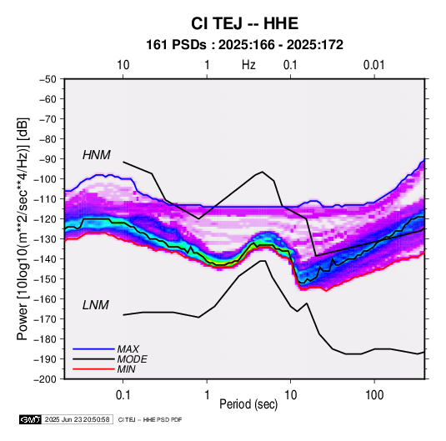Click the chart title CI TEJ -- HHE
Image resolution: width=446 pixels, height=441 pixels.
(244, 23)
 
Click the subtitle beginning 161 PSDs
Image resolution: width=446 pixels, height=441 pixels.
(244, 45)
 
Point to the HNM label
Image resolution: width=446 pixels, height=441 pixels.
(97, 155)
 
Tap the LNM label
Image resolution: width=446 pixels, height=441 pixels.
(96, 305)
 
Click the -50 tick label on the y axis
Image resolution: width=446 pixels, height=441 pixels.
(48, 79)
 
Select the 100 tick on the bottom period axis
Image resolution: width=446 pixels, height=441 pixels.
(374, 395)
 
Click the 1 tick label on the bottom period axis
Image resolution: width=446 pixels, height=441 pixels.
(207, 395)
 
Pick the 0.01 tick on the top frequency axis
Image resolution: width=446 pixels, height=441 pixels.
(374, 65)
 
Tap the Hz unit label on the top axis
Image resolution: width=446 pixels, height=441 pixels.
(248, 65)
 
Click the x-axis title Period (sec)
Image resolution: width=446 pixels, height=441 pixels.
(248, 404)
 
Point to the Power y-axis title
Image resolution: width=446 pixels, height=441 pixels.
(23, 229)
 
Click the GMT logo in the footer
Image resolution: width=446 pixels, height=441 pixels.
(30, 419)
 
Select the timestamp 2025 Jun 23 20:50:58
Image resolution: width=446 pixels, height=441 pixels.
(77, 419)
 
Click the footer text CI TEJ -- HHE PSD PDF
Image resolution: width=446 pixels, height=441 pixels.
(150, 419)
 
